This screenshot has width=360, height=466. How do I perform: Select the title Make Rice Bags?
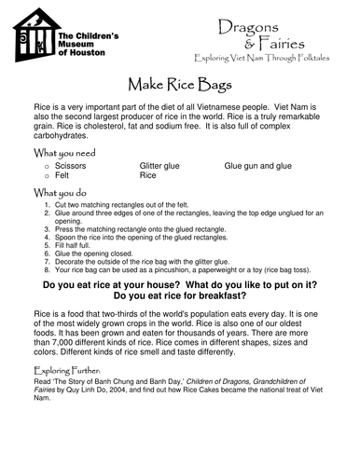[179, 84]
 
